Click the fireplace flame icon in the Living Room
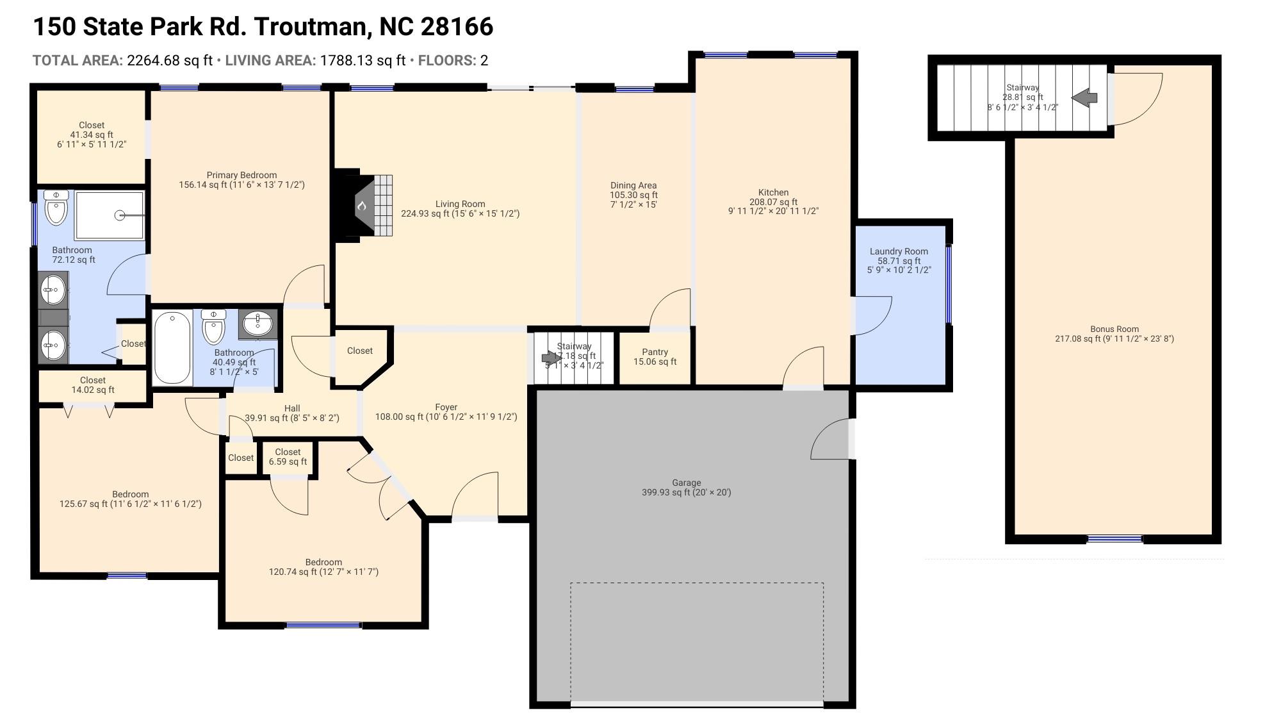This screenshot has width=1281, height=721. [361, 206]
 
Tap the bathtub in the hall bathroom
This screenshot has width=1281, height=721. [172, 347]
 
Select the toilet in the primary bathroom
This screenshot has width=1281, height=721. [56, 208]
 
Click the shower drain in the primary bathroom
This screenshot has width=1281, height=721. [120, 215]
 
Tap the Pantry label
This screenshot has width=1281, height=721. [655, 352]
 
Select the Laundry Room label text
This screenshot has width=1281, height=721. [899, 251]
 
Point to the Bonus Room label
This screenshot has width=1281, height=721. [1114, 329]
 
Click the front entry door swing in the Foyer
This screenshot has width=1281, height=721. [475, 495]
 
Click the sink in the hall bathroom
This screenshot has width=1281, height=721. [258, 323]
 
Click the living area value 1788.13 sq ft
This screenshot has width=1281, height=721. [363, 60]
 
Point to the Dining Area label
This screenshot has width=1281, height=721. [633, 185]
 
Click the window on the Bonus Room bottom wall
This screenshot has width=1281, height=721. [1114, 539]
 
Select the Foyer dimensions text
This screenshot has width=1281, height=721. [446, 417]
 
